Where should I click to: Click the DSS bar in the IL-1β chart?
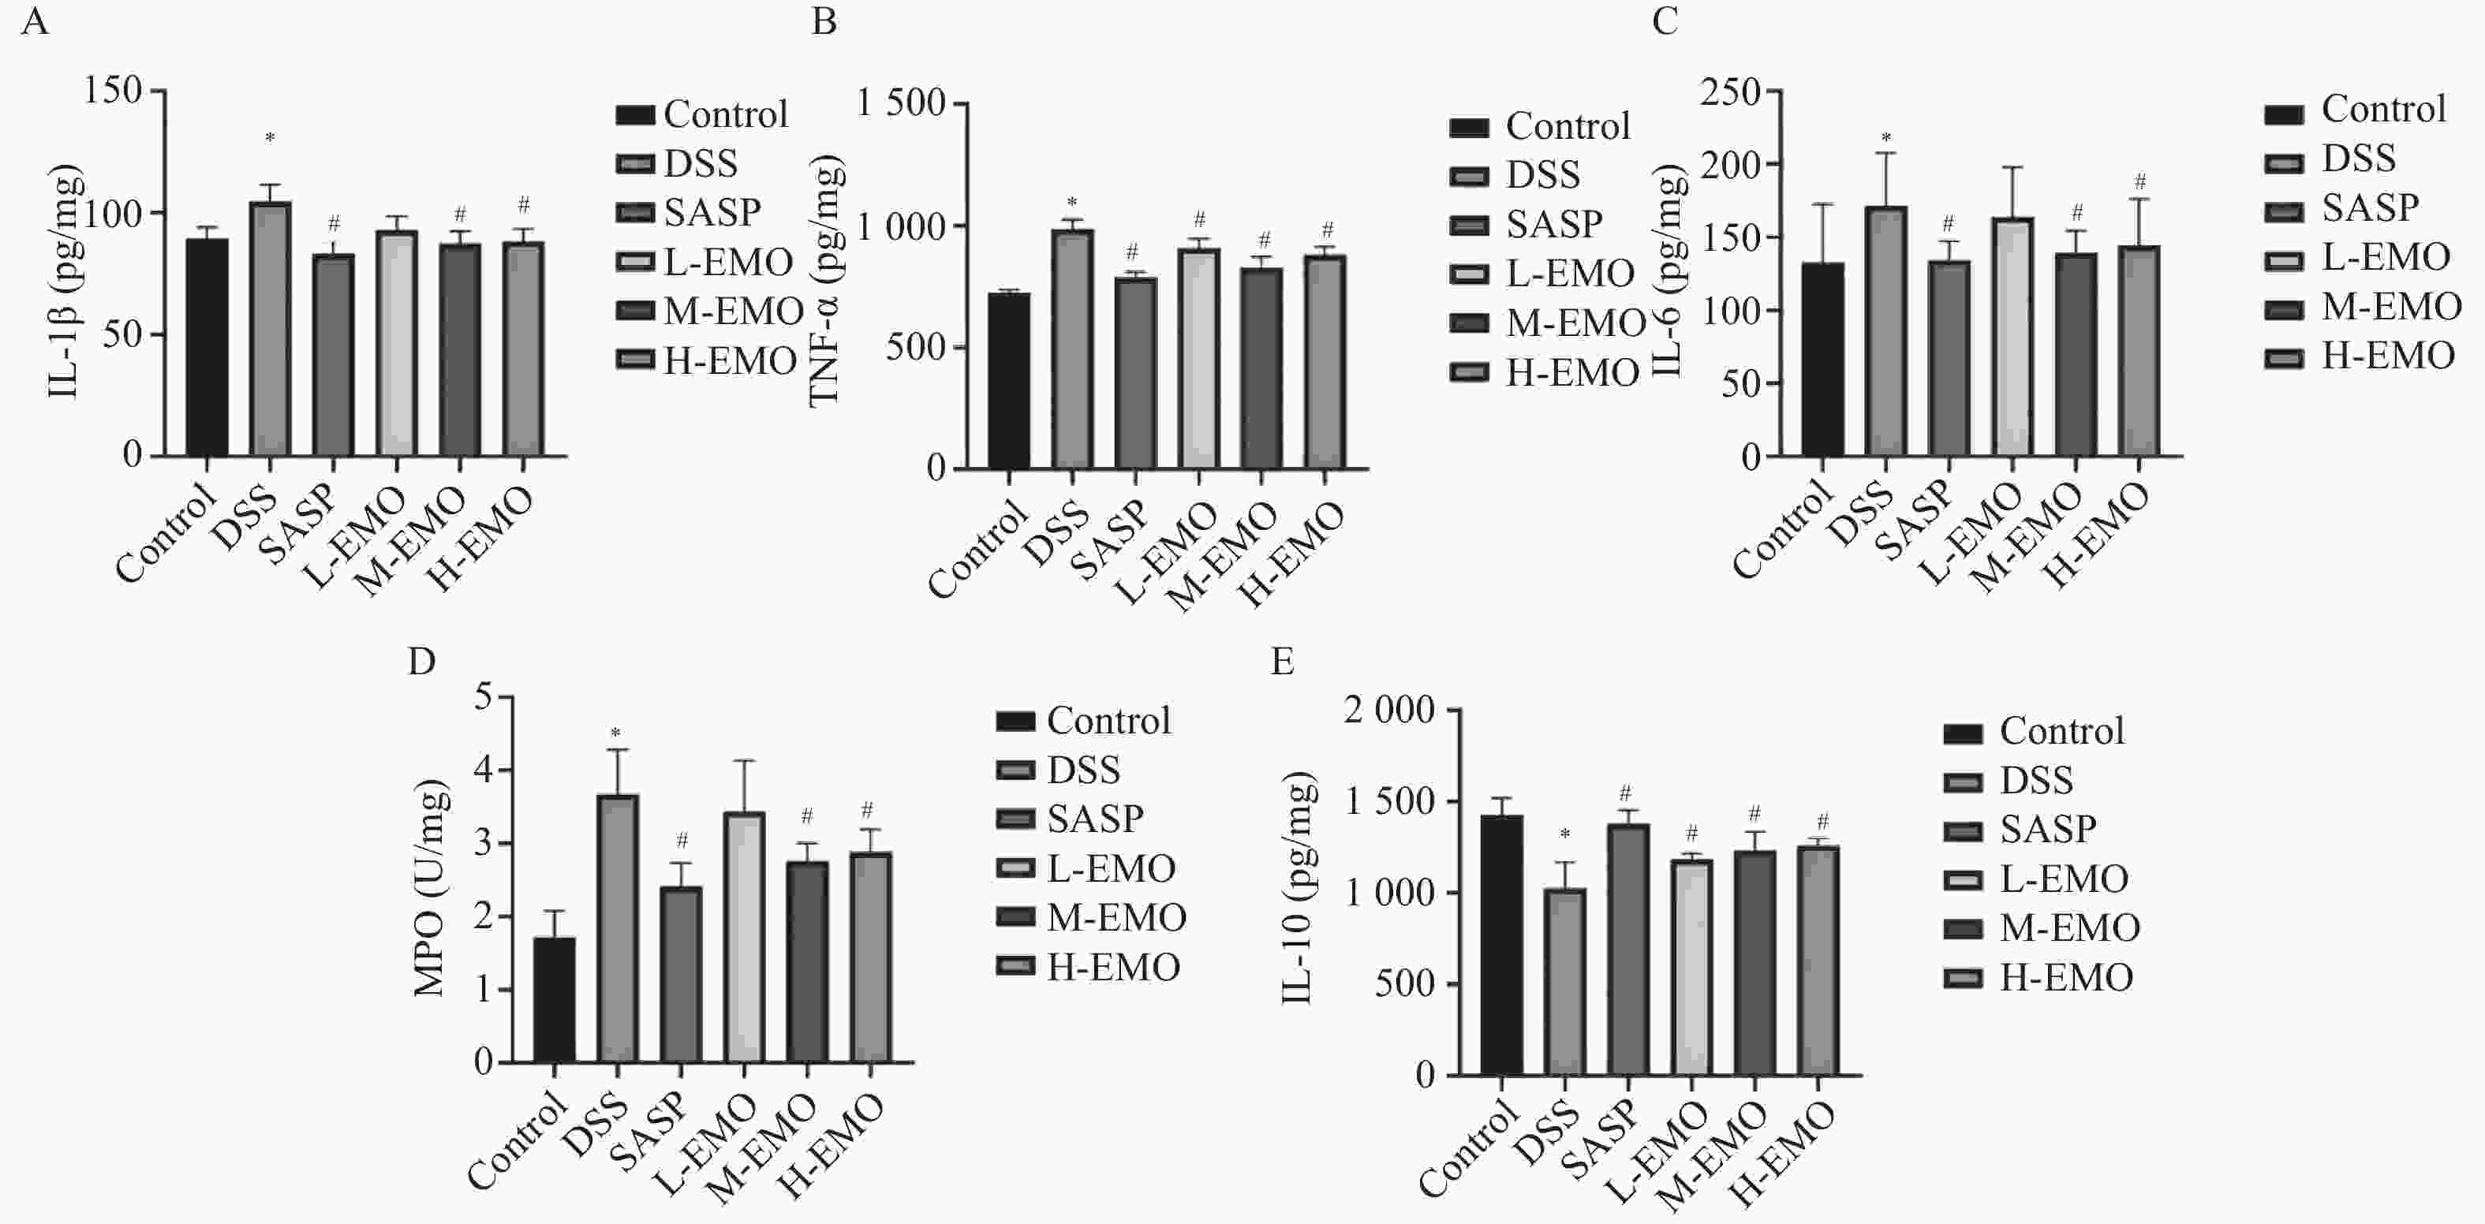[x=270, y=328]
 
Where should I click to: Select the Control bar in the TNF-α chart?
[x=1008, y=381]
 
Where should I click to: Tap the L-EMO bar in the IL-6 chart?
[x=2012, y=337]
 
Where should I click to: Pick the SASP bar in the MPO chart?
[x=681, y=974]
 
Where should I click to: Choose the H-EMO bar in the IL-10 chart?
[x=1818, y=960]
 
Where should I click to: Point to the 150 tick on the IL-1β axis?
[x=113, y=91]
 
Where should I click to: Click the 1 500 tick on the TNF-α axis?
[x=901, y=103]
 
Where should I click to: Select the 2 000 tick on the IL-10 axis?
[x=1389, y=711]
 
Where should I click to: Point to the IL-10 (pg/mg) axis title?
[x=1299, y=887]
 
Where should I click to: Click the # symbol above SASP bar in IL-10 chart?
[x=1625, y=793]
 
